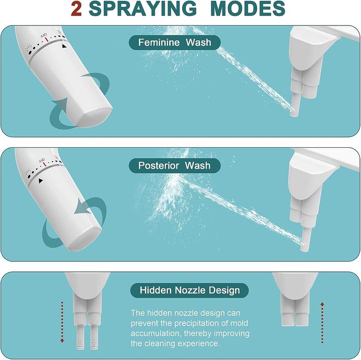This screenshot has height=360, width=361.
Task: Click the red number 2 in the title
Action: tap(76, 9)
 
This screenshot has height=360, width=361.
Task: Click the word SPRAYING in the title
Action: tap(143, 9)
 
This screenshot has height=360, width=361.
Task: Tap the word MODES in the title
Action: tap(248, 9)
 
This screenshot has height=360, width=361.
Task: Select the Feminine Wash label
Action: tap(174, 43)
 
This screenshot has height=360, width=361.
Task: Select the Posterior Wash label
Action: tap(174, 166)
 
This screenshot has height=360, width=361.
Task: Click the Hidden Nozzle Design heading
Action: tap(190, 290)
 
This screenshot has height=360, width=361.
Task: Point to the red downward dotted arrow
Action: tap(62, 322)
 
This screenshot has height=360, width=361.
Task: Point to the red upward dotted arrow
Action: tap(322, 323)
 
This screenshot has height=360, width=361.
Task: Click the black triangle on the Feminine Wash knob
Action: tap(64, 46)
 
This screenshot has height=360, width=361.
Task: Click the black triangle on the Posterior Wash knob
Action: tap(41, 181)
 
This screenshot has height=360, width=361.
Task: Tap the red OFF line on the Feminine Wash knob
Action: tap(47, 40)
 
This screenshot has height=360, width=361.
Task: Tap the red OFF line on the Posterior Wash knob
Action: tap(45, 164)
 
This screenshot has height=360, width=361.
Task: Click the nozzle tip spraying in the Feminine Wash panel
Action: tap(293, 112)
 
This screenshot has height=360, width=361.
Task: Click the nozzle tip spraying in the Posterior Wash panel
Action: tap(304, 247)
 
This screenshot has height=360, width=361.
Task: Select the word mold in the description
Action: tap(239, 323)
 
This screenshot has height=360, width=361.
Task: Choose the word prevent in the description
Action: tap(144, 323)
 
